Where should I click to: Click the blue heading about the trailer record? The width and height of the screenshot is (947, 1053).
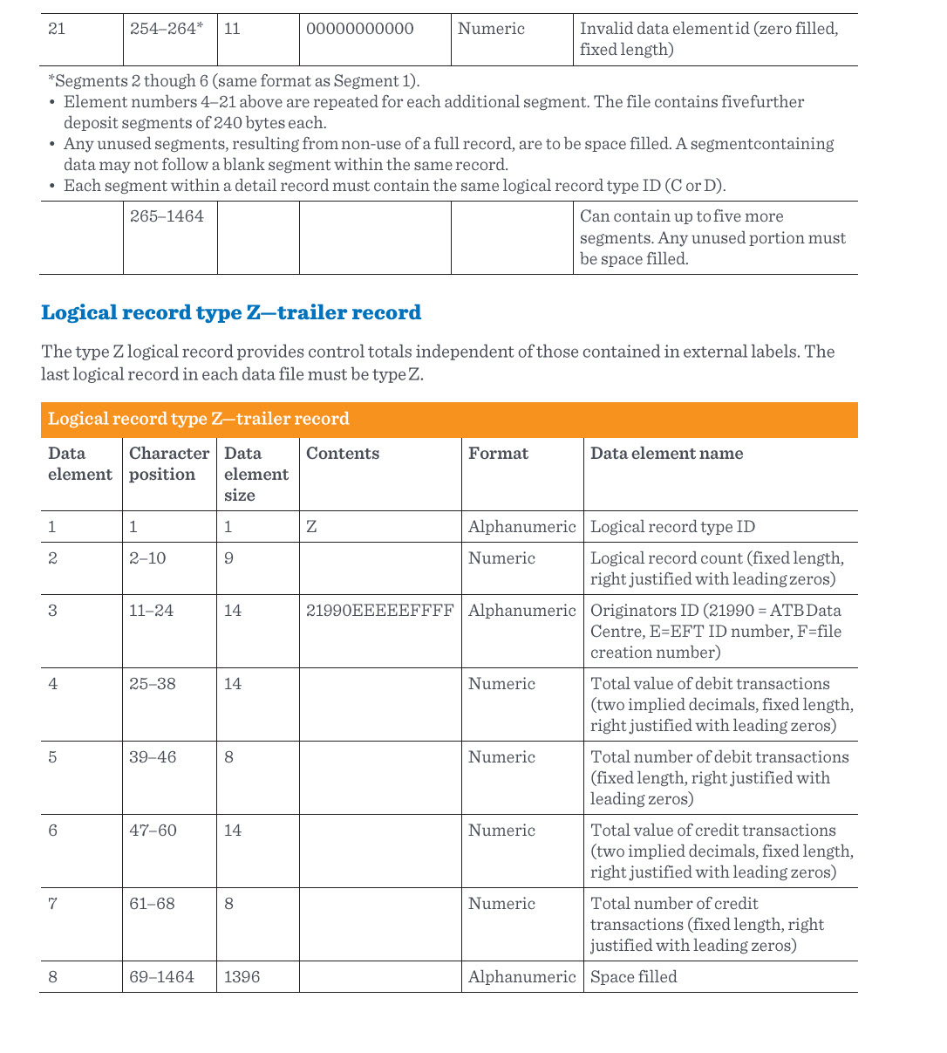coord(231,312)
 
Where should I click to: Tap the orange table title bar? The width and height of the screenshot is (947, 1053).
coord(448,419)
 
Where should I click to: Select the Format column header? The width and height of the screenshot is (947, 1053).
coord(498,454)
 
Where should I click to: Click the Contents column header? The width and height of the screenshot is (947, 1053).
coord(343,454)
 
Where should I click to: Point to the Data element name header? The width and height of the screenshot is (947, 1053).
coord(666,454)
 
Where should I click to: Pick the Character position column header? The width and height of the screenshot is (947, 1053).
coord(168,464)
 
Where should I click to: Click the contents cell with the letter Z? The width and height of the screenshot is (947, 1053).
coord(311,527)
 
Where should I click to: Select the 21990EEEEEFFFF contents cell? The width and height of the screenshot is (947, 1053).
coord(379,611)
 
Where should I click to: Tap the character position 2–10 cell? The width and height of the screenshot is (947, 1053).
coord(147,558)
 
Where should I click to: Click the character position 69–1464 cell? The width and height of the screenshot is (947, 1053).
coord(161,977)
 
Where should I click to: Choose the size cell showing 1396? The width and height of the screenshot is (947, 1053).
coord(242,977)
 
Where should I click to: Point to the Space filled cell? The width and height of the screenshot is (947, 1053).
coord(633,977)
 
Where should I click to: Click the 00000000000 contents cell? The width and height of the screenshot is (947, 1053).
coord(360,29)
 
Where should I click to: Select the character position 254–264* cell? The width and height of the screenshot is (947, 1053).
coord(167,29)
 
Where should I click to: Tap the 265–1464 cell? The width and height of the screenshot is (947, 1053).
coord(167,216)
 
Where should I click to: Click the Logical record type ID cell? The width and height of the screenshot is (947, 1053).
coord(672,527)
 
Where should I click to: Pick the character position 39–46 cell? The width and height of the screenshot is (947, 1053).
coord(153,757)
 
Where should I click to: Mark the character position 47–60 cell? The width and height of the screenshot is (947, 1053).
coord(153,831)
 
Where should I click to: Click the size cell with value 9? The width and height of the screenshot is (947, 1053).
coord(228,558)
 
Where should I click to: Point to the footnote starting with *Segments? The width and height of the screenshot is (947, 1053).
coord(234,81)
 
